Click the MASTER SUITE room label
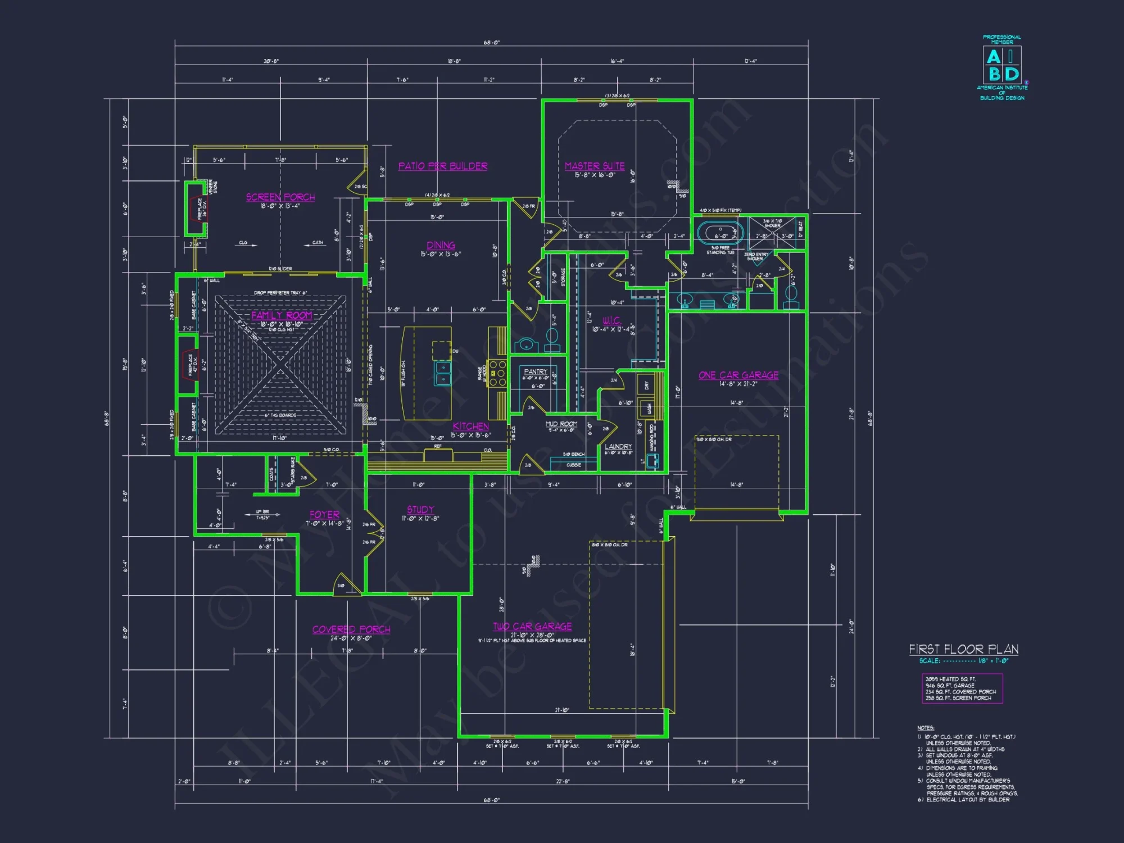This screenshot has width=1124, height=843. (x=595, y=166)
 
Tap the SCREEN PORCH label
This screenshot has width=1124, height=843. (x=280, y=197)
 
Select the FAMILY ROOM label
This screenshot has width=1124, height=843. (x=282, y=315)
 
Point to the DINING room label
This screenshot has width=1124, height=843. (x=441, y=246)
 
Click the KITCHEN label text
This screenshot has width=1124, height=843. (x=471, y=427)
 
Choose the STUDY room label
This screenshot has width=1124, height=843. (x=420, y=510)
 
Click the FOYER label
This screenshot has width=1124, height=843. (x=324, y=515)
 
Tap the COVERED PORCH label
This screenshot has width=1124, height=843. (x=351, y=629)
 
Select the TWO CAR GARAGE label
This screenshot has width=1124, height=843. (x=532, y=627)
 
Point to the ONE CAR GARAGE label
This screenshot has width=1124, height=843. (x=738, y=375)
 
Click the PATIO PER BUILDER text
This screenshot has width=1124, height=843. (x=443, y=166)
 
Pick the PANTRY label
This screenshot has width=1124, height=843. (x=535, y=371)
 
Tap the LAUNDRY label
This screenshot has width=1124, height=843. (x=618, y=446)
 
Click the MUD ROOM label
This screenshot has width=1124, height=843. (x=561, y=424)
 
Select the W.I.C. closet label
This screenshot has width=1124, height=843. (x=611, y=321)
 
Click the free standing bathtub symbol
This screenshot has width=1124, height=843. (x=720, y=233)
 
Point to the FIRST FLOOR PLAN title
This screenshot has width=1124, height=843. (x=964, y=650)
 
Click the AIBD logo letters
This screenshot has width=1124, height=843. (x=1002, y=65)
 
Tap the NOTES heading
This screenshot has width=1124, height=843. (x=925, y=728)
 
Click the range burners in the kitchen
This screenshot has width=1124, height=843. (x=497, y=373)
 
